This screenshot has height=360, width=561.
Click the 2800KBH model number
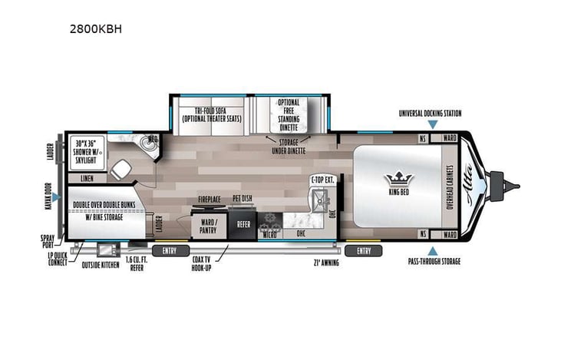95,30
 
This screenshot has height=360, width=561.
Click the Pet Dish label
243,199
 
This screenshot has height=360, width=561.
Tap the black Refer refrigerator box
243,225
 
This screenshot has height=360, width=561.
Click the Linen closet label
86,178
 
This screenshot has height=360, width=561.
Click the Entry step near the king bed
364,250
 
